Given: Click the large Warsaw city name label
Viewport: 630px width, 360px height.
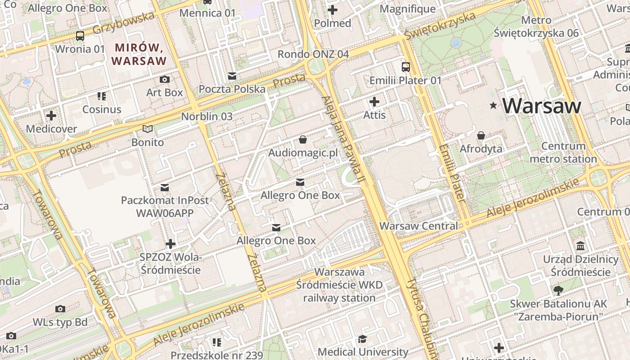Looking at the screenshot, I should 542,106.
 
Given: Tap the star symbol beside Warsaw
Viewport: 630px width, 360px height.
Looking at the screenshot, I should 494,106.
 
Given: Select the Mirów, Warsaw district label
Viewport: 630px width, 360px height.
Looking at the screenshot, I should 139,54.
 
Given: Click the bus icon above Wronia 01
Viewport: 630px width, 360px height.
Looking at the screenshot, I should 80,36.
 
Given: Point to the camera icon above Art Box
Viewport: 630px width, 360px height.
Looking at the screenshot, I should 165,80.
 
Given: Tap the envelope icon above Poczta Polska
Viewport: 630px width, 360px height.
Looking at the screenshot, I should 232,76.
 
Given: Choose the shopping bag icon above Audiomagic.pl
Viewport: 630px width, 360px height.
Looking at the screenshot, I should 303,140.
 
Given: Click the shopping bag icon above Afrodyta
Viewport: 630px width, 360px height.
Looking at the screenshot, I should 481,135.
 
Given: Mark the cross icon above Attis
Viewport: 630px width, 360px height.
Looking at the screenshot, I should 374,102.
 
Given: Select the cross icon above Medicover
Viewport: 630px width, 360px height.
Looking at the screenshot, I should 51,116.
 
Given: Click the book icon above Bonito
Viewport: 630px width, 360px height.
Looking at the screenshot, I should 148,129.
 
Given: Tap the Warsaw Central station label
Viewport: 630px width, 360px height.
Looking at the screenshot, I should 418,226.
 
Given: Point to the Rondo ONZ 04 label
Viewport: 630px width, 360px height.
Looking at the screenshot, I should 313,54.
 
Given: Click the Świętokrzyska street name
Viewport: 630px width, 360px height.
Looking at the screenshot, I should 439,26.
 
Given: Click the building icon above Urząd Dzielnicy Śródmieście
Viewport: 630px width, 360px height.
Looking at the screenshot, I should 580,246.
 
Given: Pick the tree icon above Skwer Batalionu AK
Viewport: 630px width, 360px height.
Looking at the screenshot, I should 558,290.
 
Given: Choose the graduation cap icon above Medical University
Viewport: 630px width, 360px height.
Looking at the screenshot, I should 363,339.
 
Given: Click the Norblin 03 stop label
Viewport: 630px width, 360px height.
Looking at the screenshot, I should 207,117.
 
